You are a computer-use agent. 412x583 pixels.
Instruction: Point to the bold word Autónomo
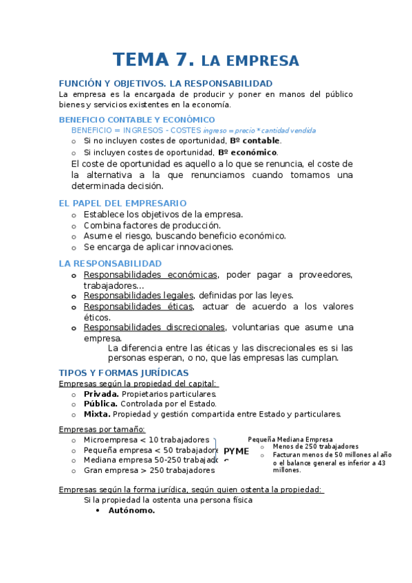131,511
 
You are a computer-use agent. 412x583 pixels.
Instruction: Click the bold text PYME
237,451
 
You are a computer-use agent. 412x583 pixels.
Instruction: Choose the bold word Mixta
97,415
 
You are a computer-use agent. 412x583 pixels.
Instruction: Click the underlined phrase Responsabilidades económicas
150,275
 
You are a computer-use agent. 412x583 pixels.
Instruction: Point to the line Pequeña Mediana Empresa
290,439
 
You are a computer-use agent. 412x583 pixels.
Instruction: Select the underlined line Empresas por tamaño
102,429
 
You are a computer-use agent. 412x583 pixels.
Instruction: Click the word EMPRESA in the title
260,60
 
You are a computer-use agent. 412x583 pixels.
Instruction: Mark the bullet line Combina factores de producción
152,225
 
